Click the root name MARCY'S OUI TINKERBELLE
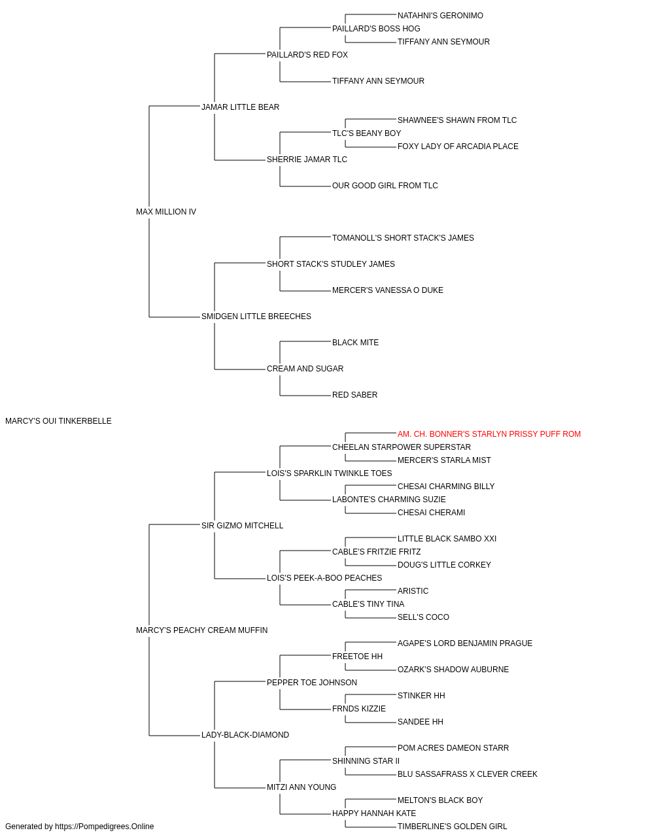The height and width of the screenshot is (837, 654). [x=58, y=421]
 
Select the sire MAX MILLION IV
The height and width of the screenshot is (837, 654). [x=166, y=212]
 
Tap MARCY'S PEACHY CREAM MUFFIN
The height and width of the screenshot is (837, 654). [x=202, y=630]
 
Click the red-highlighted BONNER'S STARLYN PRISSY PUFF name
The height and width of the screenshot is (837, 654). [x=489, y=434]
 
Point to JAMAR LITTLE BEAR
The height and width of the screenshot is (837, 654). [x=240, y=107]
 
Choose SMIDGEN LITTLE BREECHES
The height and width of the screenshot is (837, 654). [x=256, y=316]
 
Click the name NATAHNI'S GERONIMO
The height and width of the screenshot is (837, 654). [x=440, y=16]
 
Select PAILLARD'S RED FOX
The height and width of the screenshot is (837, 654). [x=307, y=55]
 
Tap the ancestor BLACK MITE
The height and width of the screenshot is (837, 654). [x=356, y=343]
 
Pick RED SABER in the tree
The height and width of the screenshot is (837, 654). [x=354, y=395]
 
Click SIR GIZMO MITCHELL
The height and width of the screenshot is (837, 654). [x=242, y=526]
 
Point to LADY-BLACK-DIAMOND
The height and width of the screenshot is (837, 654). [x=245, y=735]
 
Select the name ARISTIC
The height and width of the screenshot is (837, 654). [x=413, y=591]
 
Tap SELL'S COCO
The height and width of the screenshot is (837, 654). [x=423, y=617]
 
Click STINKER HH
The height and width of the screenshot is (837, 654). [x=421, y=696]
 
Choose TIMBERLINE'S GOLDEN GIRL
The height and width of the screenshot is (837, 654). [x=452, y=827]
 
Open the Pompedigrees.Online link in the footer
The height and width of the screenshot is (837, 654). [x=105, y=827]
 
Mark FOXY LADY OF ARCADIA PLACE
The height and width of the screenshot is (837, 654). [x=458, y=146]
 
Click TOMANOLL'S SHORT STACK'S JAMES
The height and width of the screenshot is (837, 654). [x=404, y=238]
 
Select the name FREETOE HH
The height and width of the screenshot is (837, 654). [x=358, y=657]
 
